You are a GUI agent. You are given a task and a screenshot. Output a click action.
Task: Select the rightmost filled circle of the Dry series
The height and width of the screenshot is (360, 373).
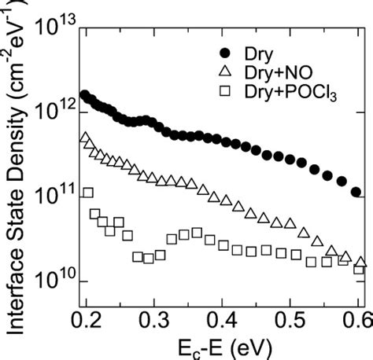tap(356, 192)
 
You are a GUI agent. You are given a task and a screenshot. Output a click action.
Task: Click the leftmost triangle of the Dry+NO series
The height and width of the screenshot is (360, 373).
tap(85, 138)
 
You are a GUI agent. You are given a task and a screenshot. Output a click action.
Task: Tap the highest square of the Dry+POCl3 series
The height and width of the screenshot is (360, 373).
tap(88, 193)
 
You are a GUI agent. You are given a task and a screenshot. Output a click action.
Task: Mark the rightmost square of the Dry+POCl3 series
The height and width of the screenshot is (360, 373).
tap(359, 270)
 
